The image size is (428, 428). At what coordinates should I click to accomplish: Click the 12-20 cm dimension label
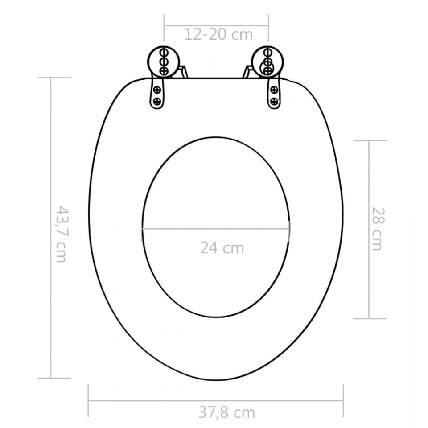(218, 34)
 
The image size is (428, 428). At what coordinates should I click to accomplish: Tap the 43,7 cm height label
(61, 234)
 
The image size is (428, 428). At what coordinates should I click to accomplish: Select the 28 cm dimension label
(378, 229)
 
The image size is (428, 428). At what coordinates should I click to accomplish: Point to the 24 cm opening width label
(222, 248)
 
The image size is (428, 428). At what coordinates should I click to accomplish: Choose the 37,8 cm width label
(226, 412)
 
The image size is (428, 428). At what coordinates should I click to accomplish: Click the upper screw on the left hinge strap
(157, 89)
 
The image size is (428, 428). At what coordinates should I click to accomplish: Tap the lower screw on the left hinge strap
(157, 102)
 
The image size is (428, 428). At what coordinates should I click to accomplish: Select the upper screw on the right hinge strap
(274, 89)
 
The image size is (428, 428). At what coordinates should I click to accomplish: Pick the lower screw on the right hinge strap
(274, 102)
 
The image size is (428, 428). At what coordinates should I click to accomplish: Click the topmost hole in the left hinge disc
(163, 52)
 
